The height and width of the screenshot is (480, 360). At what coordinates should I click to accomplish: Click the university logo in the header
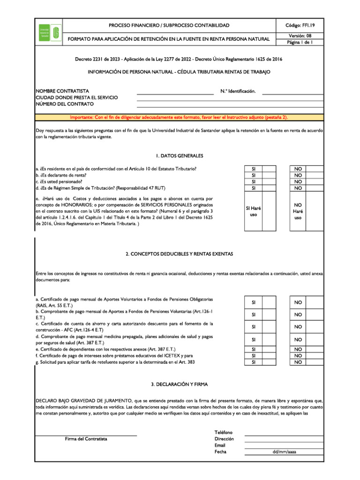pos(49,32)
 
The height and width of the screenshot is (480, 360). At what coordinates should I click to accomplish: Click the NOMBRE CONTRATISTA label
pos(62,90)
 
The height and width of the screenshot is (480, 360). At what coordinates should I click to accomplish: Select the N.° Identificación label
pos(238,90)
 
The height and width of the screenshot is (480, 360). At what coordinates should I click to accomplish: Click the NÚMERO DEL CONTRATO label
pos(65,104)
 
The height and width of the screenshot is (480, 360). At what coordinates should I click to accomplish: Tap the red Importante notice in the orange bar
pos(179,117)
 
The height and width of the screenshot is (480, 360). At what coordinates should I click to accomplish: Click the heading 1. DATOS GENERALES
pos(180,155)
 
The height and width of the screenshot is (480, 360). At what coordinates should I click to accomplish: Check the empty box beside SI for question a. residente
pos(269,169)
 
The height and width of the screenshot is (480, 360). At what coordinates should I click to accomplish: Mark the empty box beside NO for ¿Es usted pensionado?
pos(315,182)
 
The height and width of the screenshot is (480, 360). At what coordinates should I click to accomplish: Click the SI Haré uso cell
pos(254,211)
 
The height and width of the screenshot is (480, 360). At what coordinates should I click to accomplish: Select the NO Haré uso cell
pos(298,211)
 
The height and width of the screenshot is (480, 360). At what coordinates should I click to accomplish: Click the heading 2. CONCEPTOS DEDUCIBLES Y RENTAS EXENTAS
pos(180,254)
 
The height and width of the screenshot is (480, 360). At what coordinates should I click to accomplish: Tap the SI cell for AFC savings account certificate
pos(254,326)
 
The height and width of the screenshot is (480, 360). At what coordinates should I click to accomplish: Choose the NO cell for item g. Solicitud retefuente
pos(298,362)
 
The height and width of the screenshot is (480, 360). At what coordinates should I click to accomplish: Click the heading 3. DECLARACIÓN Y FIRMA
pos(180,384)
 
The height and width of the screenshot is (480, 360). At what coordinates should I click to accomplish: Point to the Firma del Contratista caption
pos(86,439)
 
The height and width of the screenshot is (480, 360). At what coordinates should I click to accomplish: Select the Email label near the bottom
pos(220,445)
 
